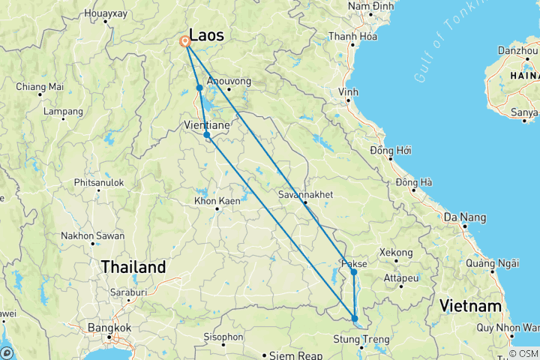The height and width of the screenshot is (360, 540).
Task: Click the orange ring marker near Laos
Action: coord(184,42)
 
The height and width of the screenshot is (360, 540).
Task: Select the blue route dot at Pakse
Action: coord(354,272)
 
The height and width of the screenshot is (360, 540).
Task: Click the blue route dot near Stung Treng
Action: coord(355,319)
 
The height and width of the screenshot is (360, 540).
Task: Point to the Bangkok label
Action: coord(109,328)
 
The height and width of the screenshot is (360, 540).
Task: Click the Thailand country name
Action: coord(133,267)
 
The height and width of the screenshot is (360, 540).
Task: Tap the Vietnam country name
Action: coord(470,306)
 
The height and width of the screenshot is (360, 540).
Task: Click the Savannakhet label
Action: coord(305,194)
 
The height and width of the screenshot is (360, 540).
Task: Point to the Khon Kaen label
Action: coord(217,201)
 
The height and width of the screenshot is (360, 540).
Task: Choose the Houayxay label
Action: coord(106,13)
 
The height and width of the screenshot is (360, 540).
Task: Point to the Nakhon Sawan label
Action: coord(93,235)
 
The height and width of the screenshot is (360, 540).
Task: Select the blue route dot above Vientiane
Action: coord(199,88)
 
